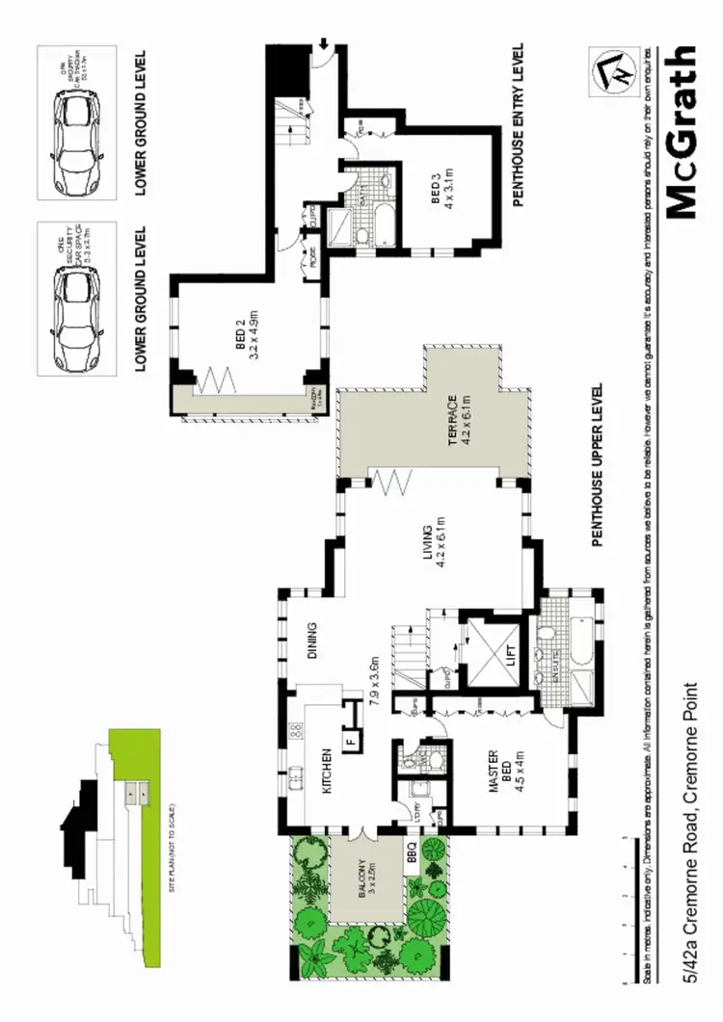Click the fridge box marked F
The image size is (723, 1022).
(351, 742)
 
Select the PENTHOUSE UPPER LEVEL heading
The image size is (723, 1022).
(598, 465)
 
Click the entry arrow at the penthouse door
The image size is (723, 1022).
(324, 42)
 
